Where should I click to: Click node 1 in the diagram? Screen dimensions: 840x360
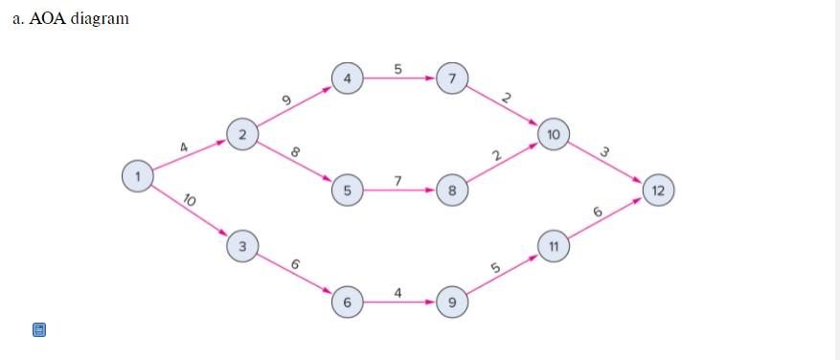tap(138, 175)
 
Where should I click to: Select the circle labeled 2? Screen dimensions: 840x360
tap(242, 135)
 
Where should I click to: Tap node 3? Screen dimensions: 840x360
tap(242, 246)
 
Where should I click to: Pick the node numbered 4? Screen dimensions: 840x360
tap(347, 79)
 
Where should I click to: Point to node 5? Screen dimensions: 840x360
tap(347, 191)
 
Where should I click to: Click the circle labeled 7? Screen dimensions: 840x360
tap(451, 79)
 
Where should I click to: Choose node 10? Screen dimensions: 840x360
tap(555, 135)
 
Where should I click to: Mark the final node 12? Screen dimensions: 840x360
tap(658, 190)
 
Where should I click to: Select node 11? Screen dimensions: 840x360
tap(554, 246)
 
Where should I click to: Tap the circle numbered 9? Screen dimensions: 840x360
tap(451, 303)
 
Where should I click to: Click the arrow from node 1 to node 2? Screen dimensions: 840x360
tap(190, 155)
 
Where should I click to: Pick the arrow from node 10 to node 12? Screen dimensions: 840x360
tap(606, 163)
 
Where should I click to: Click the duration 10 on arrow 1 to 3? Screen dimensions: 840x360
tap(189, 199)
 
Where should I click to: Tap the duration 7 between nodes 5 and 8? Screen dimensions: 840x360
tap(397, 180)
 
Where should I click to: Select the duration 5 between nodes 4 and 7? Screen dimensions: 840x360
tap(397, 68)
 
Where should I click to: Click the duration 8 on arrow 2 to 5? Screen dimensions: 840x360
tap(295, 151)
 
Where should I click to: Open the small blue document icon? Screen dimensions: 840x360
tap(39, 329)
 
